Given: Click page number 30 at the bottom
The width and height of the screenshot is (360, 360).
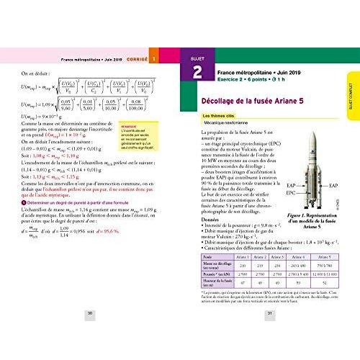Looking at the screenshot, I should (90, 314).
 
